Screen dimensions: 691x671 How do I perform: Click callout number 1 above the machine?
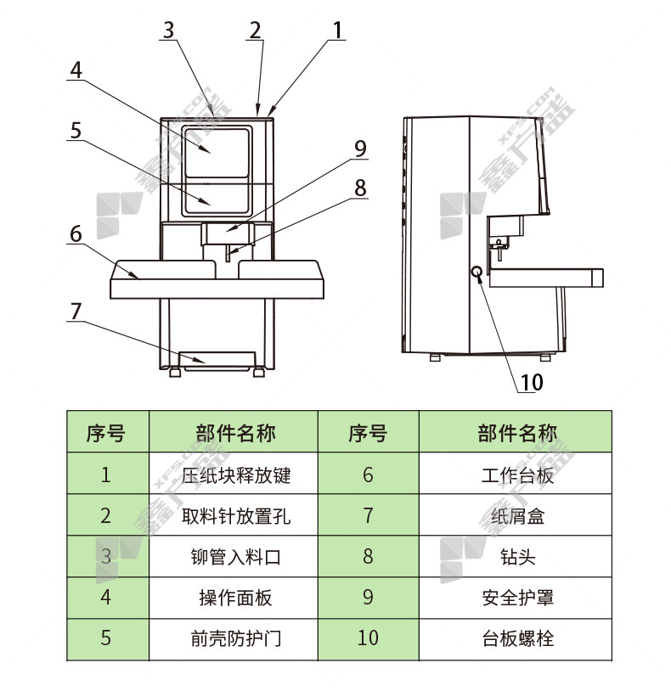[337, 30]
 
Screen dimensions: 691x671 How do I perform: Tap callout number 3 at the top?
[168, 30]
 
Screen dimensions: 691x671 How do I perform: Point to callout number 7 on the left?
[76, 312]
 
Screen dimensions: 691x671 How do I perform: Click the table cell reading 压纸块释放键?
[234, 475]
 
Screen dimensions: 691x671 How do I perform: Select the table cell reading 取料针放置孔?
[234, 515]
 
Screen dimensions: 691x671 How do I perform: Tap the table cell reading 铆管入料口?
[234, 557]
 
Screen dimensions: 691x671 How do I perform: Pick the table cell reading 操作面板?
[234, 598]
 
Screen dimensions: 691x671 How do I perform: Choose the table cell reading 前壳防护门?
[234, 638]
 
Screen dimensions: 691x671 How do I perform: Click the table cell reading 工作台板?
[516, 475]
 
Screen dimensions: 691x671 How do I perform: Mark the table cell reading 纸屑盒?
[516, 515]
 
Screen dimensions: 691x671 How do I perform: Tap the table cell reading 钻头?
[516, 557]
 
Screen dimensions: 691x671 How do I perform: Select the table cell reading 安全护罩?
[516, 598]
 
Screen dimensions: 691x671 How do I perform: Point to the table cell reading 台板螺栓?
[516, 638]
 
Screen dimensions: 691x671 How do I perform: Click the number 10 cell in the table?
[368, 638]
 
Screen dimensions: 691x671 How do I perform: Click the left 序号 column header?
[106, 433]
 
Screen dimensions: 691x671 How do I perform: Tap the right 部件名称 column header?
[516, 433]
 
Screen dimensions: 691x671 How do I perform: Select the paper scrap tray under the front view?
[218, 358]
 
